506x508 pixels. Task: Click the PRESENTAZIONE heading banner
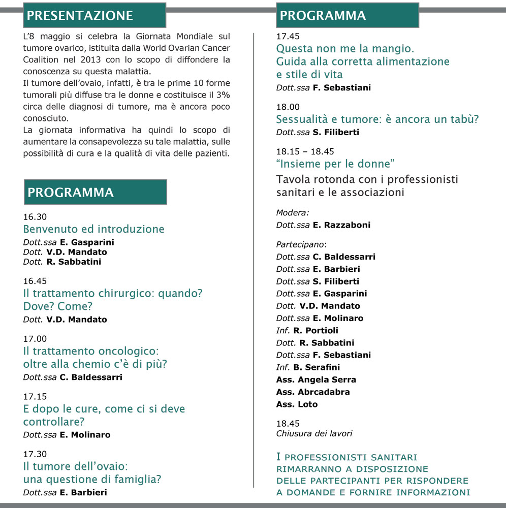tap(94, 15)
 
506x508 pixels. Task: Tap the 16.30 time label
tap(35, 217)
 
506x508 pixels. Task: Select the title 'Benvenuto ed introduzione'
tap(94, 229)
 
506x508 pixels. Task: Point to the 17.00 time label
tap(35, 339)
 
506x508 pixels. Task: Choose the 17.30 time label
tap(35, 454)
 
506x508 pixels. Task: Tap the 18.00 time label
tap(288, 107)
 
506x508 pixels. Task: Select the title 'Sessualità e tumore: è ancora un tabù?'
tap(377, 120)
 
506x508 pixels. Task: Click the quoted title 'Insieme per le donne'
tap(336, 164)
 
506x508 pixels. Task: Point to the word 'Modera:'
tap(293, 213)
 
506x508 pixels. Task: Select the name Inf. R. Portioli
tap(307, 331)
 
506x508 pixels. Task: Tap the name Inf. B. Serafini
tap(308, 367)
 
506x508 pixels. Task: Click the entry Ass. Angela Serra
tap(316, 379)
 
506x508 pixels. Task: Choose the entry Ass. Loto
tap(297, 404)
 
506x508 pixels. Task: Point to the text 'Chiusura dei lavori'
tap(314, 434)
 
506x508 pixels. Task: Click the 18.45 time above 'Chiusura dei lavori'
tap(288, 424)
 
